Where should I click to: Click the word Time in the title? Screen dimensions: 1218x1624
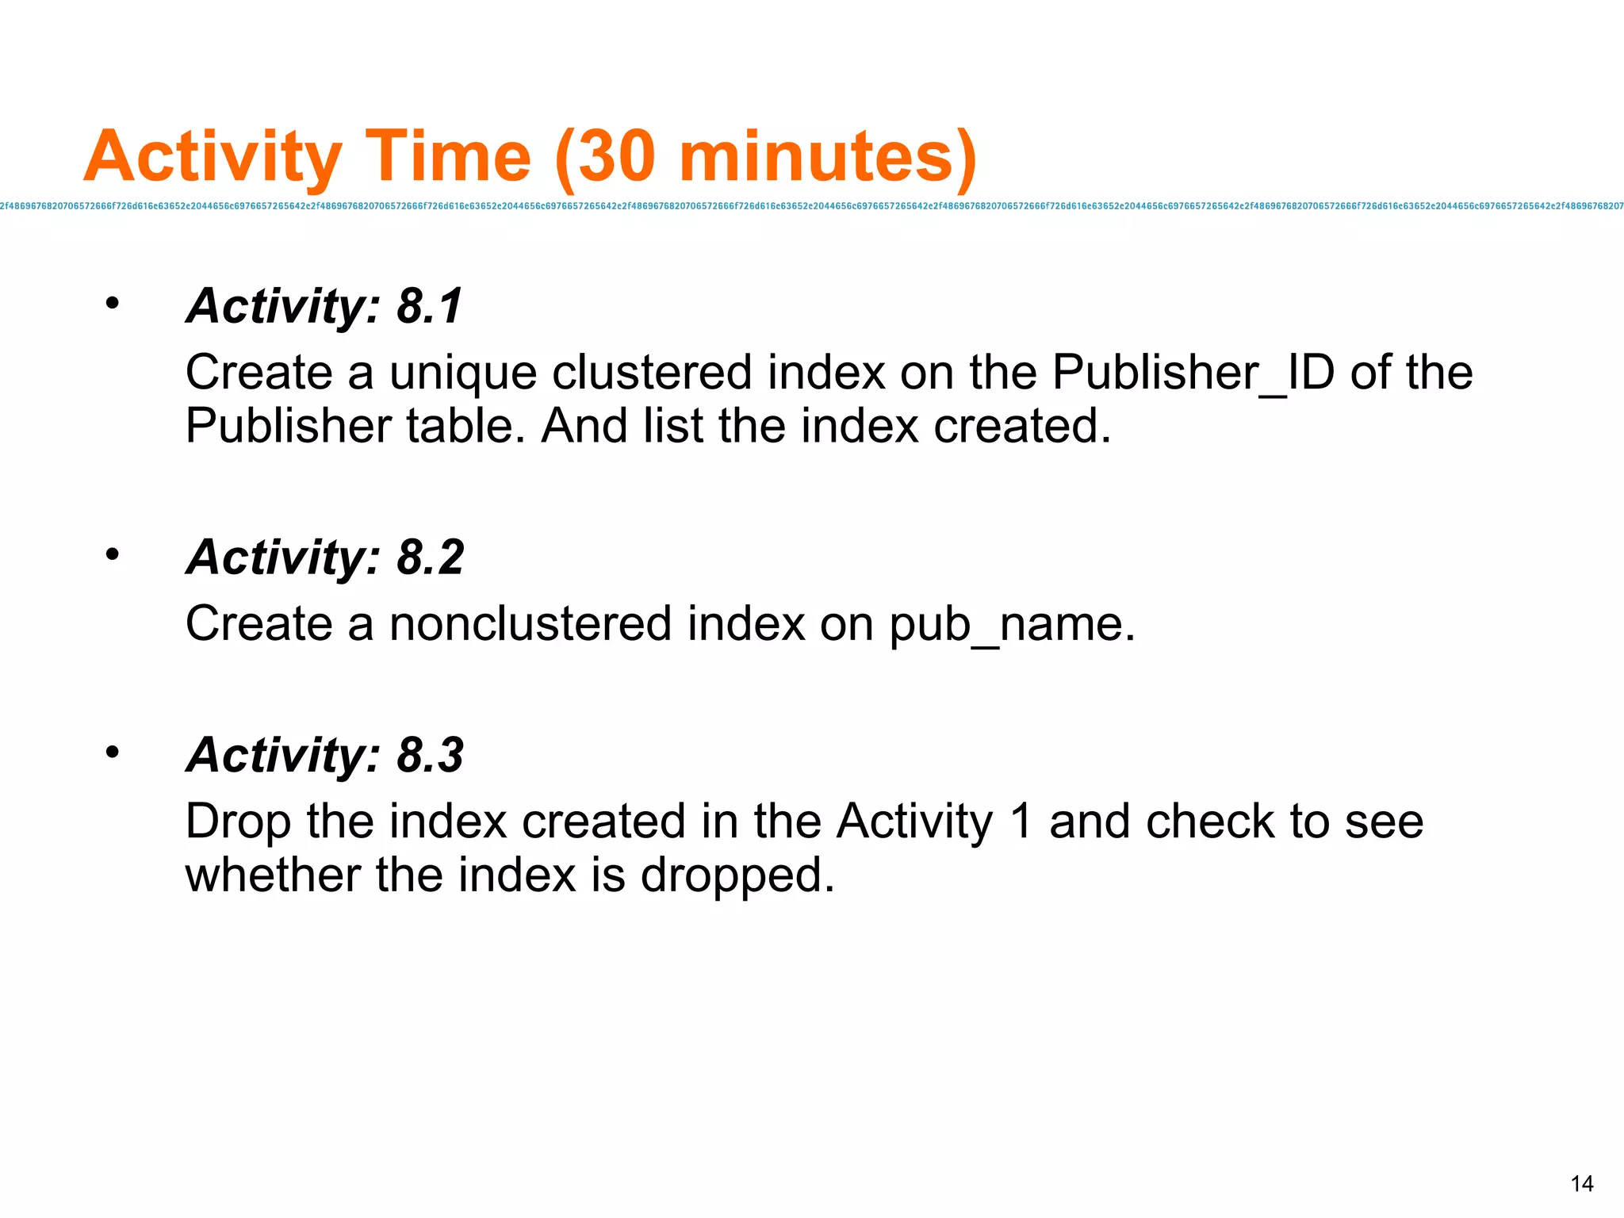tap(448, 156)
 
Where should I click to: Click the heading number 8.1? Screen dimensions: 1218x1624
tap(429, 306)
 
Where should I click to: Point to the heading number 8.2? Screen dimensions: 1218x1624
tap(430, 557)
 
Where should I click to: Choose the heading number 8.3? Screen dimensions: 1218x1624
tap(430, 755)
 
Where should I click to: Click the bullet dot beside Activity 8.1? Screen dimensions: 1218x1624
tap(113, 303)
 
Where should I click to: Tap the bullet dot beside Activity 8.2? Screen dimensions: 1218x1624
tap(113, 553)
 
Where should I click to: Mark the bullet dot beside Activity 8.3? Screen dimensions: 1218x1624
tap(113, 751)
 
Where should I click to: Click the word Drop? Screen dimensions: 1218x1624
tap(238, 822)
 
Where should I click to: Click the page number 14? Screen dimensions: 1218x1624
tap(1581, 1184)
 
